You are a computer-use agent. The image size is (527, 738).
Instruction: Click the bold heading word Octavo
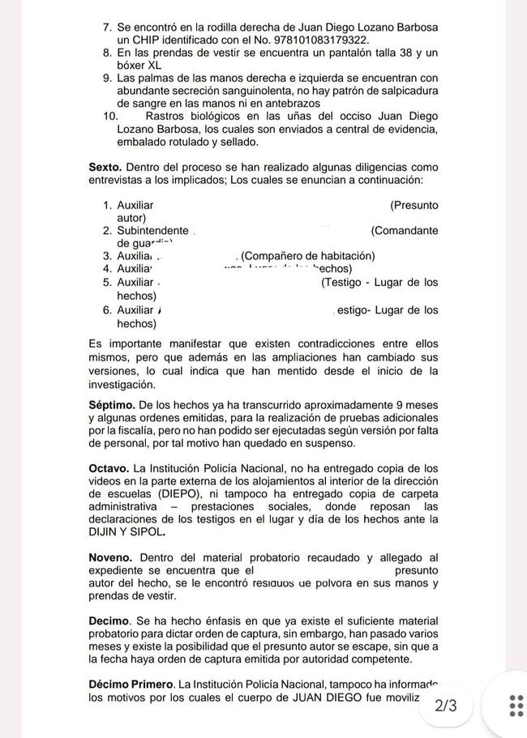click(x=109, y=468)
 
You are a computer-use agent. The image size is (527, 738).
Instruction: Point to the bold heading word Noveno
click(x=111, y=557)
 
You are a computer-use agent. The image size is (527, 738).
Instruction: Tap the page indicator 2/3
click(x=446, y=706)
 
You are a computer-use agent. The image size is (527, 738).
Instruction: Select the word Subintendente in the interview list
click(x=152, y=231)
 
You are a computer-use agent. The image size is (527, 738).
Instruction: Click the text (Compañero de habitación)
click(x=307, y=257)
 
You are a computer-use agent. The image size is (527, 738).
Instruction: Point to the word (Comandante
click(x=404, y=231)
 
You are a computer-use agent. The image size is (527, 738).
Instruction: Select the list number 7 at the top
click(x=107, y=27)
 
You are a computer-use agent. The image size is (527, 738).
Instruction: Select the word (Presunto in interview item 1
click(x=413, y=205)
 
